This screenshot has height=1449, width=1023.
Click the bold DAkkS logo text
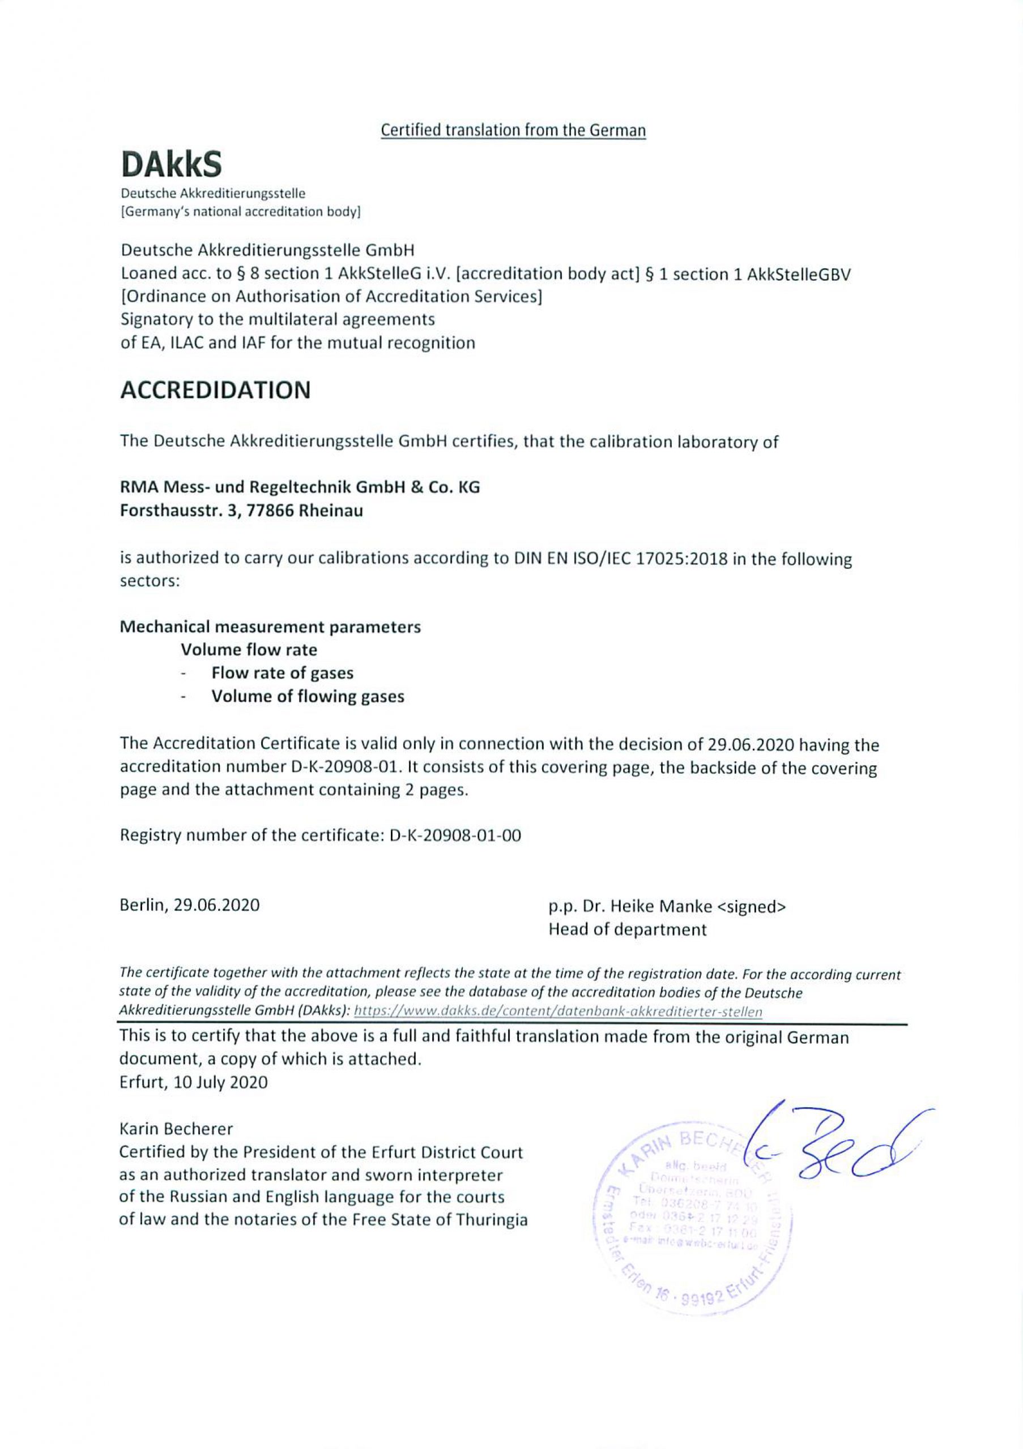click(171, 165)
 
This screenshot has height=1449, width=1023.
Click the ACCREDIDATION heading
click(215, 390)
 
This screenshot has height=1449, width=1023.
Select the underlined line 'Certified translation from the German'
click(513, 131)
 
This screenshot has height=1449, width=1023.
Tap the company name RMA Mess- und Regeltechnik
click(300, 487)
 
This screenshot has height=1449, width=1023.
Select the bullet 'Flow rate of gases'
click(282, 673)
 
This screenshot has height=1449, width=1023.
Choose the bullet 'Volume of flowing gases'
click(308, 696)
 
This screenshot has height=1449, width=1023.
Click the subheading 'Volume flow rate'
click(249, 649)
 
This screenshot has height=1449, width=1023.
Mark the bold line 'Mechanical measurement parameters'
click(270, 627)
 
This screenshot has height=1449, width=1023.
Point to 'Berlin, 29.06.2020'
click(189, 905)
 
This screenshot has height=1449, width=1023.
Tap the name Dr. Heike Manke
click(647, 906)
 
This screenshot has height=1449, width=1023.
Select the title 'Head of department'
click(627, 929)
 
